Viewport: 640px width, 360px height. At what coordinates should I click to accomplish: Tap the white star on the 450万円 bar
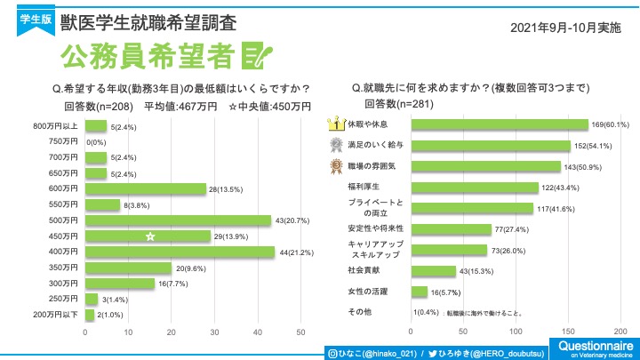point(151,236)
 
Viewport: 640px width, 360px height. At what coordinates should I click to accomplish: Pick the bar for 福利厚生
point(476,187)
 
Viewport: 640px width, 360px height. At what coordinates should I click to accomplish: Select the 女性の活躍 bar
point(420,291)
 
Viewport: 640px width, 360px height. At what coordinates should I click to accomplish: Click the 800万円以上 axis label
point(56,126)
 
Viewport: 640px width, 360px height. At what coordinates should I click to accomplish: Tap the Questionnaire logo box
point(595,348)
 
